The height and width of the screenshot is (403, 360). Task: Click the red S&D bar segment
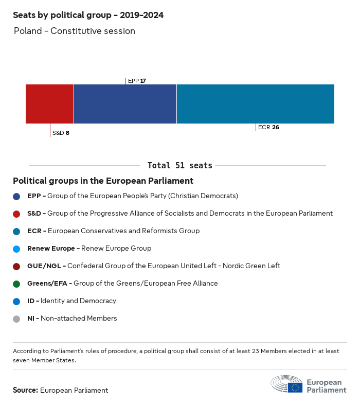tap(49, 104)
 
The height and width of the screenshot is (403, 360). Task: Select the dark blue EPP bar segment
tap(125, 104)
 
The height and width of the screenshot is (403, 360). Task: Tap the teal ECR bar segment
tap(256, 104)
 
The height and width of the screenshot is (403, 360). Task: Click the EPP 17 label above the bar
tap(137, 81)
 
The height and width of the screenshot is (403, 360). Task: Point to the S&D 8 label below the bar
tap(61, 133)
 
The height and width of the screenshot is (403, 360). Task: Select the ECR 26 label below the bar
tap(268, 127)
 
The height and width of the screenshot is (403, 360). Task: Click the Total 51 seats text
tap(179, 166)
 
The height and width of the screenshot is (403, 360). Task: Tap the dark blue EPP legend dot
tap(17, 196)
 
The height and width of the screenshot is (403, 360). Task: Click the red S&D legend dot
tap(17, 214)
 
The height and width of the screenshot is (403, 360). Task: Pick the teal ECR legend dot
tap(17, 231)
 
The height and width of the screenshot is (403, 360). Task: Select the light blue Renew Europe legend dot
tap(17, 249)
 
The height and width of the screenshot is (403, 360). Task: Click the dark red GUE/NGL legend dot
tap(17, 266)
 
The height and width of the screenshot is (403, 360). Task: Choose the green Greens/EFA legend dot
tap(17, 284)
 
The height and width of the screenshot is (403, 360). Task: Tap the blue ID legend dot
tap(17, 301)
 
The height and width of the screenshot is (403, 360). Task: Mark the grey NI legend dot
tap(17, 319)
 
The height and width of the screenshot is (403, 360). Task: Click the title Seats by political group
tap(88, 15)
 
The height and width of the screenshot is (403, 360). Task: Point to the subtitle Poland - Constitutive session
tap(75, 31)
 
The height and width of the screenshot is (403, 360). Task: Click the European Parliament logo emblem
tap(287, 384)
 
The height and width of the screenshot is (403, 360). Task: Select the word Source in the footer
tap(25, 390)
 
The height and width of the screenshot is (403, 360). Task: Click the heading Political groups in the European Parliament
tap(103, 181)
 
